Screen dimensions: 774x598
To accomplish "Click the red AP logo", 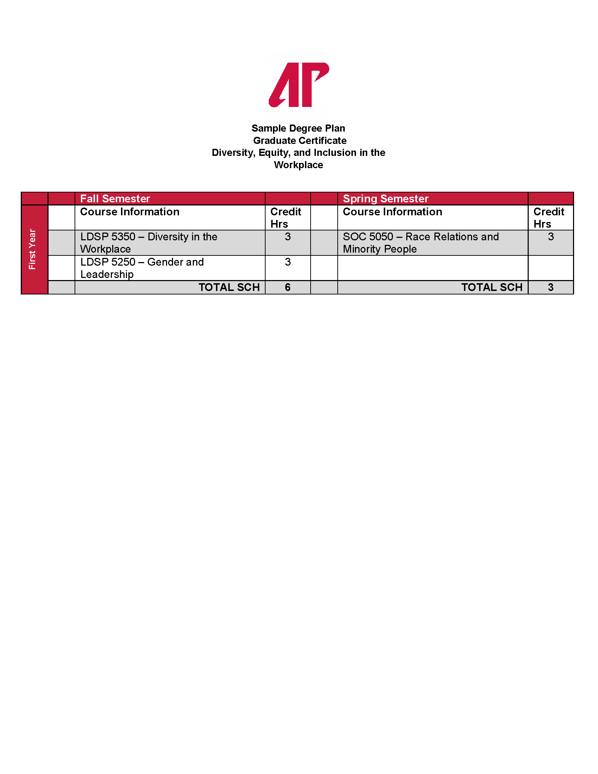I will click(x=299, y=85).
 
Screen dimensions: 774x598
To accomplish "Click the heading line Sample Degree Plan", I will click(x=298, y=128).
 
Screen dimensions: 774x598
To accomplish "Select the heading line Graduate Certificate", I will click(x=300, y=141).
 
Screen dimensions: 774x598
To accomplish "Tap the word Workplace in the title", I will click(x=298, y=165).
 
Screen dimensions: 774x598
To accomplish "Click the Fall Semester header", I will click(x=115, y=199).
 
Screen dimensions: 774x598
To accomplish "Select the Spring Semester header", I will click(x=386, y=199).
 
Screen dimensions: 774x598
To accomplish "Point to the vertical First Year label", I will click(x=32, y=249).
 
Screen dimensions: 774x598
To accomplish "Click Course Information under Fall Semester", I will click(x=130, y=212).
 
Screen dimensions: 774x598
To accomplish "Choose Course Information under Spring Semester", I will click(x=392, y=212).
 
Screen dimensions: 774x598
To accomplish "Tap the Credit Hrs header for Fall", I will click(x=286, y=217).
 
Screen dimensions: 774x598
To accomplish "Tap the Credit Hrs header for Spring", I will click(x=548, y=217).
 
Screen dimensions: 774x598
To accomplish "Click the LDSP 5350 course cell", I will click(x=149, y=243).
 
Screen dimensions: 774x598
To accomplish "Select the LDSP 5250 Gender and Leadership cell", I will click(x=142, y=268).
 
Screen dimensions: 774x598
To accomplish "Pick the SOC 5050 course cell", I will click(x=420, y=243).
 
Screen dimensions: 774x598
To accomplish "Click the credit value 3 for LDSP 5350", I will click(x=288, y=237).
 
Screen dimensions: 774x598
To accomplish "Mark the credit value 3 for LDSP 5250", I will click(x=288, y=262).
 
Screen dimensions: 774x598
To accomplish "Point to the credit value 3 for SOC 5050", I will click(x=551, y=237).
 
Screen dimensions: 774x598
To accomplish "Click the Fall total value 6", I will click(x=288, y=287).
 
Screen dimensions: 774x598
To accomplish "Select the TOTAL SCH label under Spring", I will click(x=492, y=287).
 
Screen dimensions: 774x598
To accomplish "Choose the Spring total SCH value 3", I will click(x=551, y=287).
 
